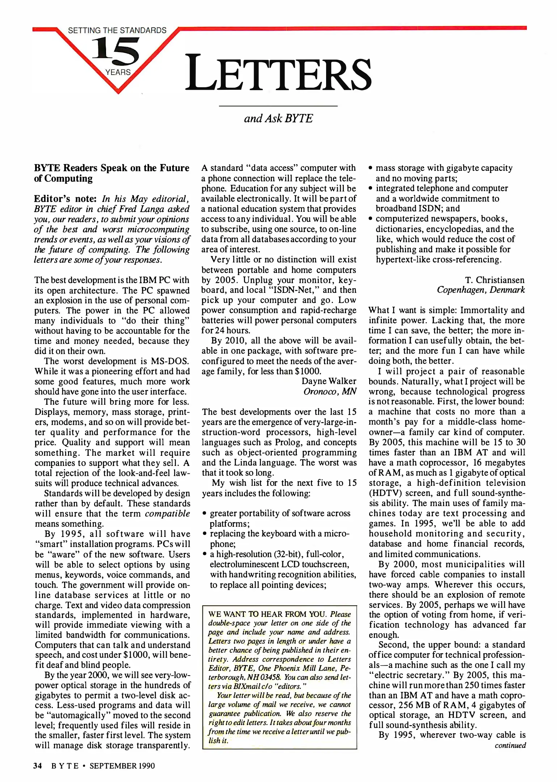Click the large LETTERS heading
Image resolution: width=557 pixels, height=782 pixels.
[x=278, y=72]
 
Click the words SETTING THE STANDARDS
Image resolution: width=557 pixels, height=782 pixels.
[x=117, y=30]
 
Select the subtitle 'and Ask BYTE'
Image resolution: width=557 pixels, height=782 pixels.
[x=278, y=118]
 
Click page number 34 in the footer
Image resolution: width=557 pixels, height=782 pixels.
[x=38, y=766]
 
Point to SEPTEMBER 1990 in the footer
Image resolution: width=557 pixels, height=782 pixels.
[x=122, y=766]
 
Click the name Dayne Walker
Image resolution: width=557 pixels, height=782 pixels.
[x=329, y=381]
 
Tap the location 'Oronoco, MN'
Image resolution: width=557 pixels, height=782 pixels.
[x=330, y=391]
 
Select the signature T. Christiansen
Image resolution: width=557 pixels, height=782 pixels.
[x=494, y=280]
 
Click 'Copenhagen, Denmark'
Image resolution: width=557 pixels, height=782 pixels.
[x=481, y=290]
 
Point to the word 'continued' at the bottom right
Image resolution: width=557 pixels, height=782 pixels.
[x=510, y=745]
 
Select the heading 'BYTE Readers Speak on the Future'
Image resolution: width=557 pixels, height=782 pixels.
[x=112, y=168]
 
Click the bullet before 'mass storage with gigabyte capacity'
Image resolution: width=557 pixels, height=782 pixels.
[x=371, y=168]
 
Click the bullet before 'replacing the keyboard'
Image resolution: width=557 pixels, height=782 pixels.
[x=205, y=534]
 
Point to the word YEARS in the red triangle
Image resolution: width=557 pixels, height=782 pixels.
[x=118, y=72]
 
